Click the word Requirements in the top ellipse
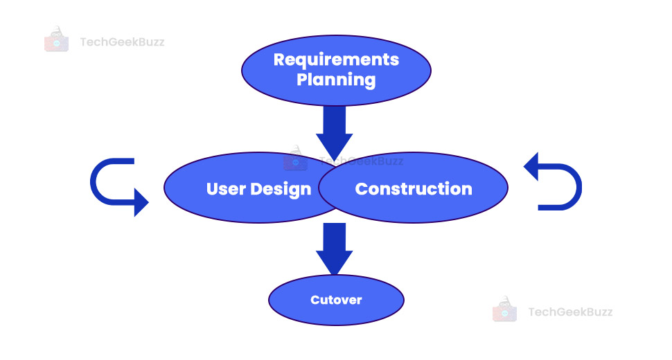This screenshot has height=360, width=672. point(336,60)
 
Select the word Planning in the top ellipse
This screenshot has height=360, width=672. point(336,80)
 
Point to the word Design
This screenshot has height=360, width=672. point(281,190)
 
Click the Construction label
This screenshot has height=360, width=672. point(414,189)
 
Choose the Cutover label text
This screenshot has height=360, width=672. point(336,300)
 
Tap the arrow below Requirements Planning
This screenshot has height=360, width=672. point(335,134)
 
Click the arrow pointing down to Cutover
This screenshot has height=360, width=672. point(335,249)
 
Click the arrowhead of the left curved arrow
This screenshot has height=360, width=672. point(141,202)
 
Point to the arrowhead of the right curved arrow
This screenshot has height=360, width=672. point(531,167)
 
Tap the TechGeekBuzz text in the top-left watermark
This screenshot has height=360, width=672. point(122,42)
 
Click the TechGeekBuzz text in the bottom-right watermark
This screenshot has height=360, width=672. point(570,312)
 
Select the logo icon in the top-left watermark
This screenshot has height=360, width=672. point(57,39)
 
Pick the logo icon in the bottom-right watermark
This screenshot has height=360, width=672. point(505,309)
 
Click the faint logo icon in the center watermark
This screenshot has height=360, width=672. point(296,159)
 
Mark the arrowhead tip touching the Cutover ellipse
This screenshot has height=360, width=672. point(335,275)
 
